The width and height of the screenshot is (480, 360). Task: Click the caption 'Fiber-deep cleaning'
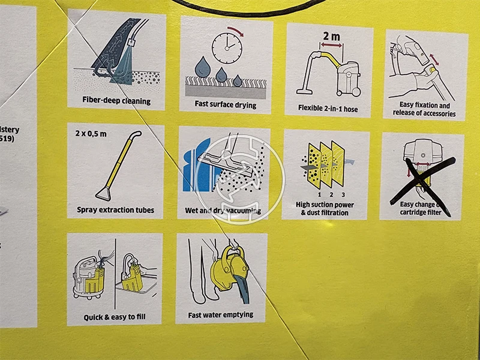(116, 101)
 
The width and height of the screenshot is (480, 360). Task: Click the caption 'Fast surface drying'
(225, 104)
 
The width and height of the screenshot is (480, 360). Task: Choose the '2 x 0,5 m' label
(91, 133)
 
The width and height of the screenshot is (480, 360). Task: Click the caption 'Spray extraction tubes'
(116, 210)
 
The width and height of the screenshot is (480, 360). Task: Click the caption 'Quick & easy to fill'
(115, 316)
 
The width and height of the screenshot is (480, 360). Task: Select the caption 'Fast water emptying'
(220, 314)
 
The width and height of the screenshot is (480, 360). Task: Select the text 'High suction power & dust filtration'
(325, 208)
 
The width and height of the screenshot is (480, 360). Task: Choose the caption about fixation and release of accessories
(424, 109)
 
